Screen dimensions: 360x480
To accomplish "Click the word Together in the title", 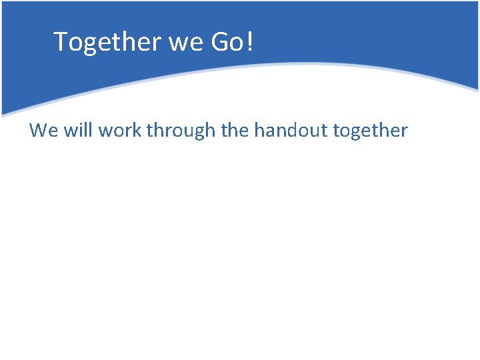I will pyautogui.click(x=108, y=42).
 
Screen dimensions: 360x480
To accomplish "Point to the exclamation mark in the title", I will pyautogui.click(x=250, y=42).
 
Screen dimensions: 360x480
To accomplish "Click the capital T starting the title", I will pyautogui.click(x=61, y=41).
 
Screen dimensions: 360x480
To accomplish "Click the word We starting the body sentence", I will pyautogui.click(x=44, y=130).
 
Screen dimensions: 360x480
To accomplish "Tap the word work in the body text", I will pyautogui.click(x=120, y=130).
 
